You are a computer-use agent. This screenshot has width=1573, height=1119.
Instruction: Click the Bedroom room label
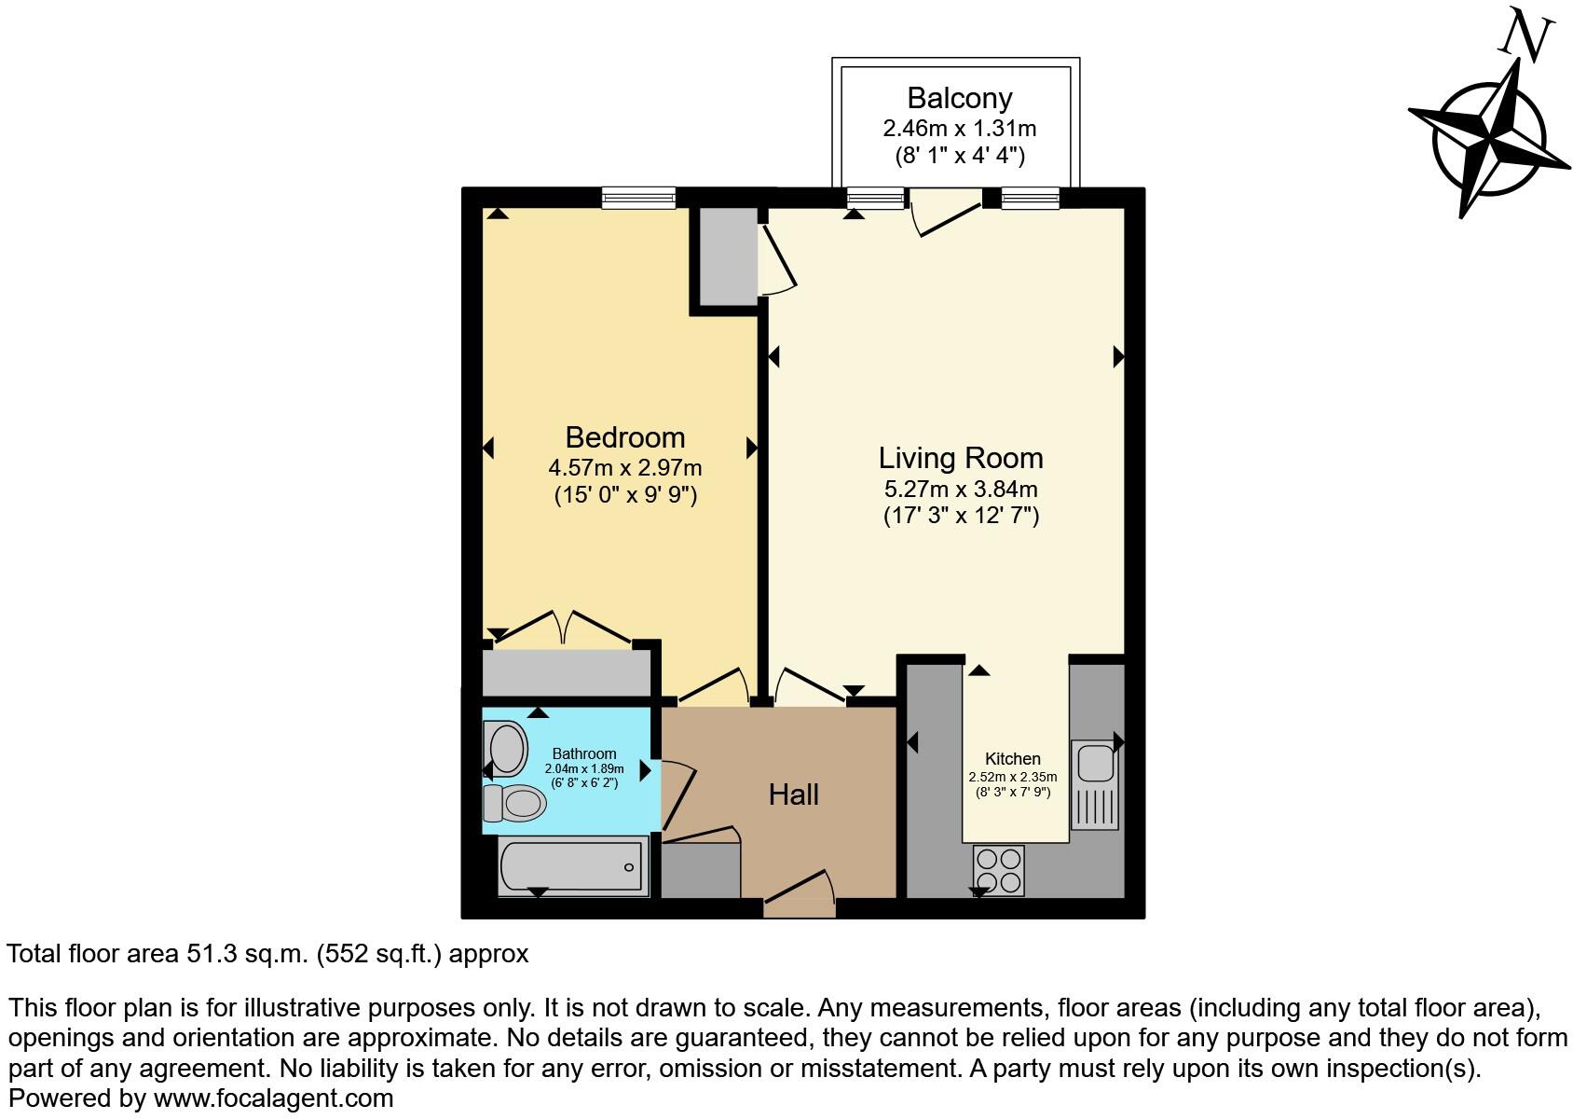624,437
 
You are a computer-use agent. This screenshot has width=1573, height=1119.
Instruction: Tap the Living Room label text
961,458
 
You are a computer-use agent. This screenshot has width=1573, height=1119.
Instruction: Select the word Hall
794,794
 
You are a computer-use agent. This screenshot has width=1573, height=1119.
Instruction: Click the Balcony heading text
960,98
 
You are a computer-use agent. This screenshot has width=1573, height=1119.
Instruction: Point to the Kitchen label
1013,759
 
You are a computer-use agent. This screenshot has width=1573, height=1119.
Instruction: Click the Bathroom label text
584,753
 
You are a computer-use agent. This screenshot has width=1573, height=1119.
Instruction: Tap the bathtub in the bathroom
572,866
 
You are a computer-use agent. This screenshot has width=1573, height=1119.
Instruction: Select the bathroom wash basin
507,748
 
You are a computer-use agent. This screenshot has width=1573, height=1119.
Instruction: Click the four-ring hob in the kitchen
999,870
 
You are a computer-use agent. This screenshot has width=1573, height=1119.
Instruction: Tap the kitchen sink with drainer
1095,783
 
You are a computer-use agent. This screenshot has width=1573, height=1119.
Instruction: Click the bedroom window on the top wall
638,197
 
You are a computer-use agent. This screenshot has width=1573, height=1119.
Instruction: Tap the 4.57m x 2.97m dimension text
625,467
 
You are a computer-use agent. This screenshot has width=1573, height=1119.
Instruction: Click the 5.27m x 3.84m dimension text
961,489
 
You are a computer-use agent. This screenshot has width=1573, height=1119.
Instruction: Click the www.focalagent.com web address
273,1098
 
